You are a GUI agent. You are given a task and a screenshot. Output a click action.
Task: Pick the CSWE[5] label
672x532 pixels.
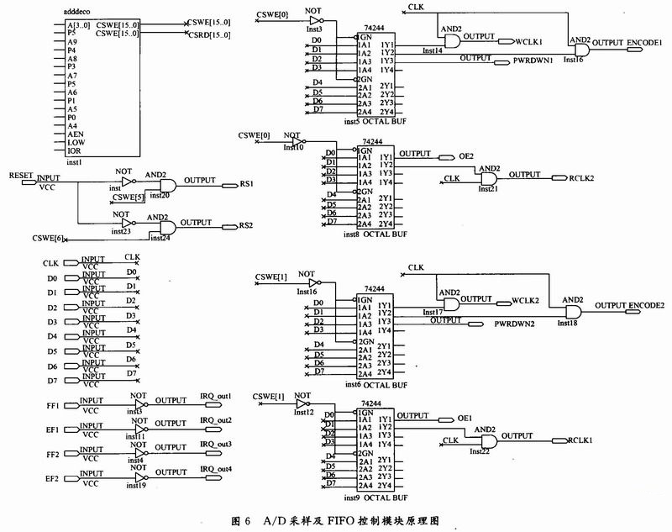(129, 197)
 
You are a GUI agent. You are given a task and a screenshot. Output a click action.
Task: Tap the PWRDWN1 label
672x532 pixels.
(533, 61)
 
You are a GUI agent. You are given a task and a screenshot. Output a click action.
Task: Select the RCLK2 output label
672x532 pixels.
(582, 177)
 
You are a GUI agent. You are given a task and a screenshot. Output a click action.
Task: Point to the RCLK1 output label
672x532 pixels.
(581, 438)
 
